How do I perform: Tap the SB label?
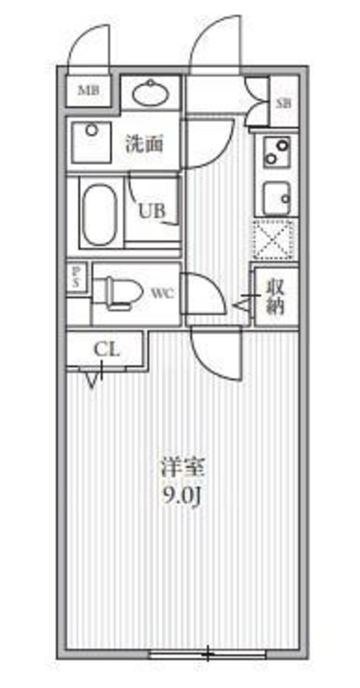(x=283, y=103)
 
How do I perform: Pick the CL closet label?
(x=107, y=349)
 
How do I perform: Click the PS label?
(x=76, y=278)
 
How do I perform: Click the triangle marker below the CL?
(x=92, y=380)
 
